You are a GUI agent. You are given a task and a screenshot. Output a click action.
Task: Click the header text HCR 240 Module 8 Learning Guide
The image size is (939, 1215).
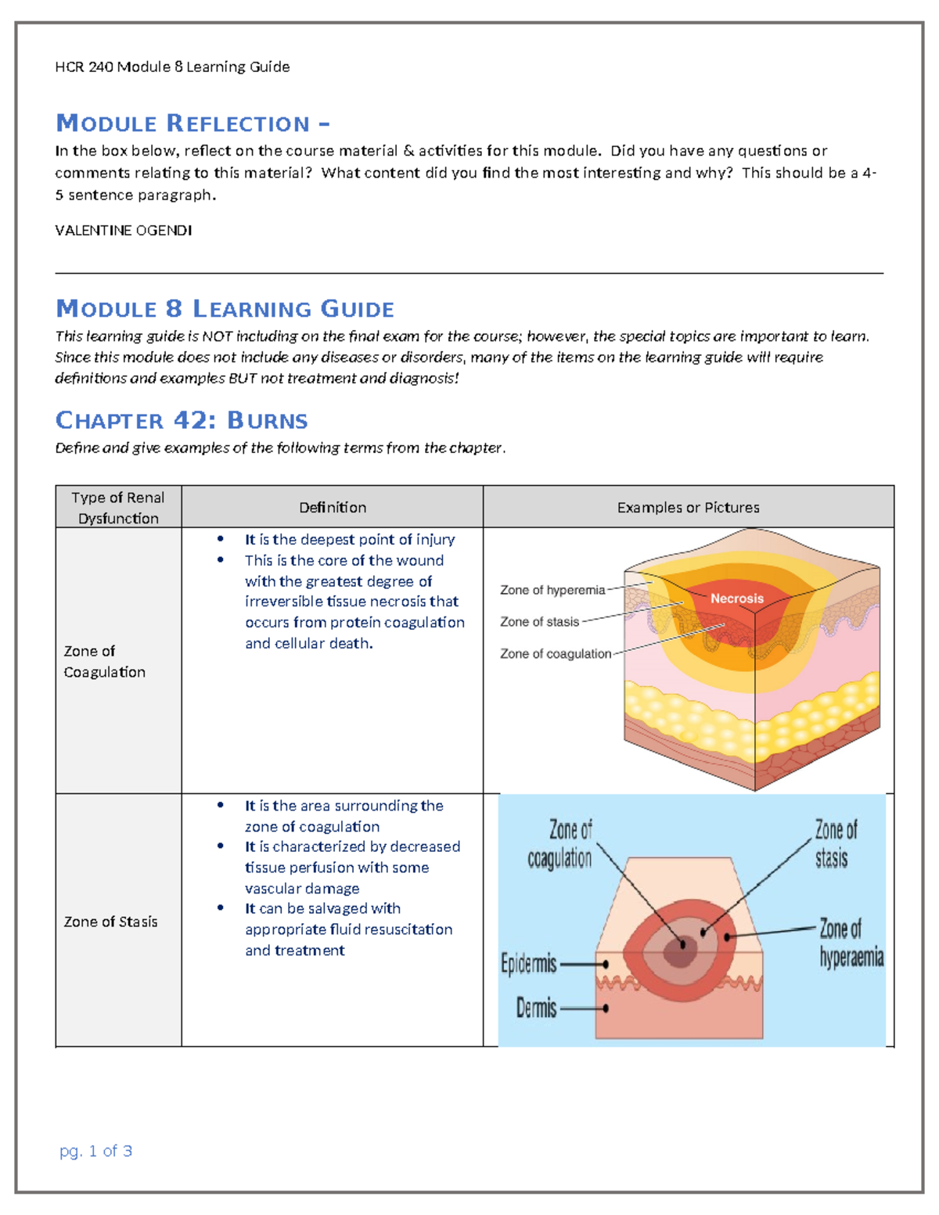172,67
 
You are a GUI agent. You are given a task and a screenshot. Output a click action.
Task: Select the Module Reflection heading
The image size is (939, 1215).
192,124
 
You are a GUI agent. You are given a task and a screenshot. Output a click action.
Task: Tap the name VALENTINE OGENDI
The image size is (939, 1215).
124,230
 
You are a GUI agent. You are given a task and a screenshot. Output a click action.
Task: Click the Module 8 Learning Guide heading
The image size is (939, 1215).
225,309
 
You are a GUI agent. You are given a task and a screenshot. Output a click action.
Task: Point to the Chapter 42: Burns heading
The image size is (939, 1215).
182,420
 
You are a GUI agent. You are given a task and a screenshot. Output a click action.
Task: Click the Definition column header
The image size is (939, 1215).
333,508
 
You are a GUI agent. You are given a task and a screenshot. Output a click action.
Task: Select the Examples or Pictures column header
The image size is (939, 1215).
688,508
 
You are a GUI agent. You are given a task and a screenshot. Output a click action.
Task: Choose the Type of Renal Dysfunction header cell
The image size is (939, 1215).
118,508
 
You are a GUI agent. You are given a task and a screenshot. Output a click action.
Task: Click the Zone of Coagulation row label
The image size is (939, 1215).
105,661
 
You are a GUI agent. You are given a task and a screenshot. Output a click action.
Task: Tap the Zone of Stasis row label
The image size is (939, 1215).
110,922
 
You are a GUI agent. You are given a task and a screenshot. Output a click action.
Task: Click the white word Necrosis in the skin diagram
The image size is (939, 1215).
737,599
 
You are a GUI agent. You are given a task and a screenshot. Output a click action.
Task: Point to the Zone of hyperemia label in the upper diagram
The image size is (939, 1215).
552,590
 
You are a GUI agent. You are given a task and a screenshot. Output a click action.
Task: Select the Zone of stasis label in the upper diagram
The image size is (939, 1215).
540,622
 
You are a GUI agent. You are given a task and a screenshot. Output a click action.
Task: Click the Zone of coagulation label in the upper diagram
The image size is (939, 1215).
556,653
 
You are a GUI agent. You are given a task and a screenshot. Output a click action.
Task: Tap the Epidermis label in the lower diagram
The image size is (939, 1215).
529,964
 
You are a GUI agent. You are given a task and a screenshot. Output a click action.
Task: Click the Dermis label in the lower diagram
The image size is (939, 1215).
536,1008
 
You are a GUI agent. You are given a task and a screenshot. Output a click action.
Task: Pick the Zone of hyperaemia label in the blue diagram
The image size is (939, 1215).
851,943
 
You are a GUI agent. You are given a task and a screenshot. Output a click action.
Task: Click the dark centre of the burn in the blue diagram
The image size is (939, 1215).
680,949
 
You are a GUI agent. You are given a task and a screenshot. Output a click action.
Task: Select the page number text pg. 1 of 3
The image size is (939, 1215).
96,1151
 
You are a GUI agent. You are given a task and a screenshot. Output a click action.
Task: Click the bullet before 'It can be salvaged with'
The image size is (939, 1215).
221,908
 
